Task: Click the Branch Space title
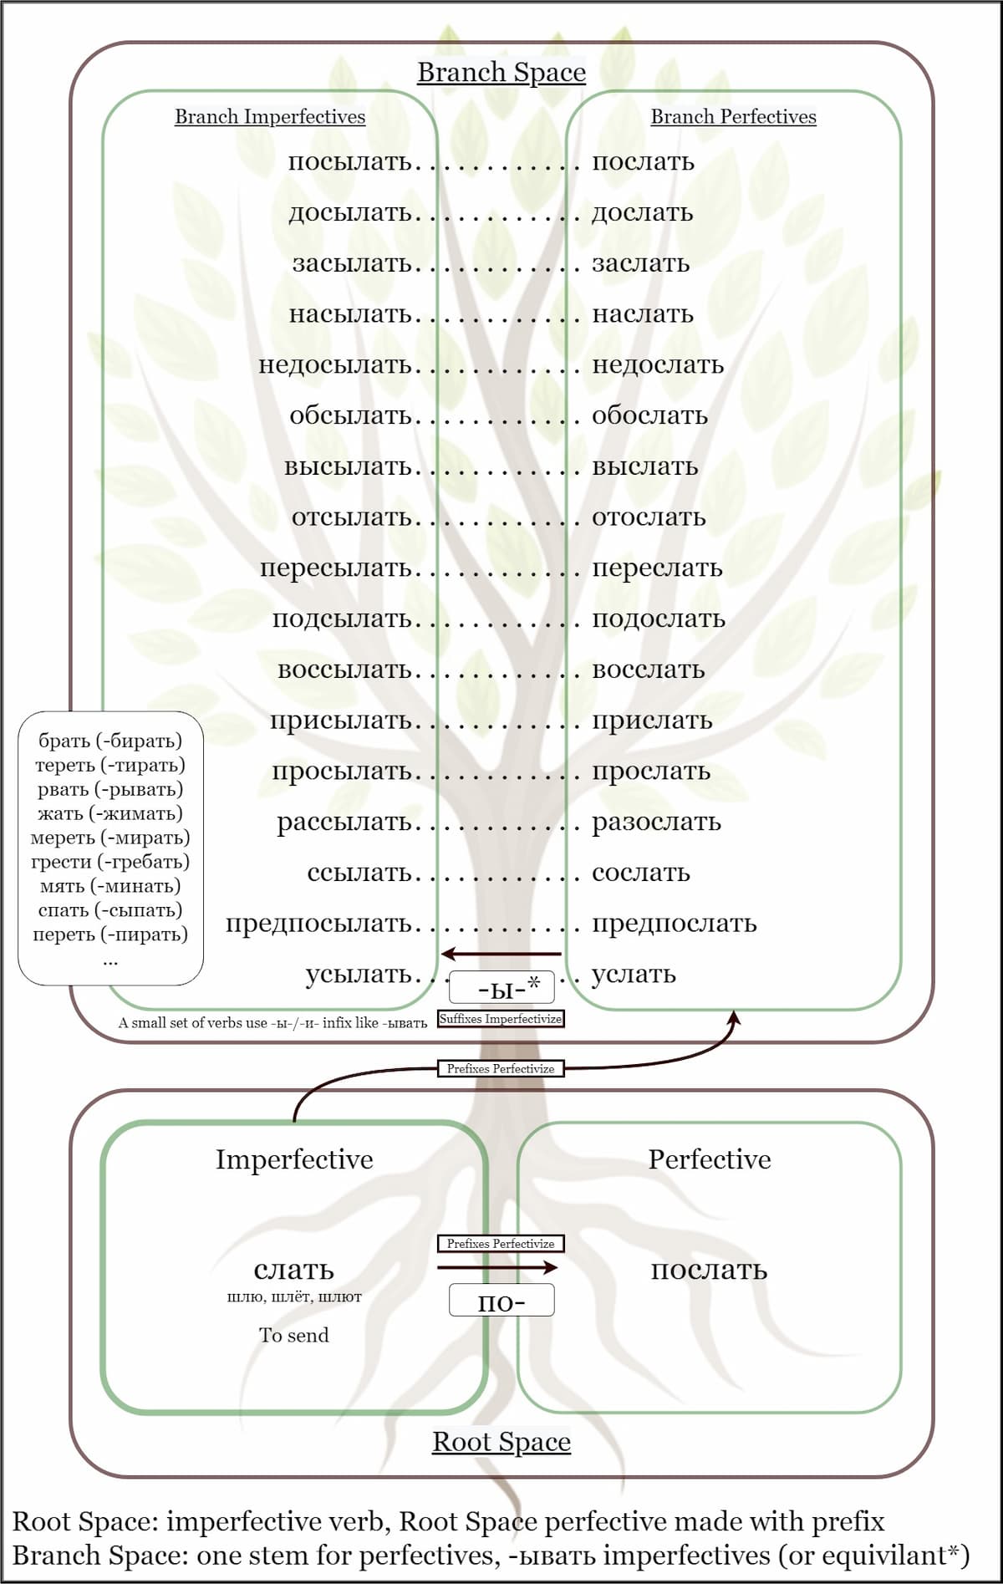tap(501, 73)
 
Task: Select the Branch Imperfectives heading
tap(270, 117)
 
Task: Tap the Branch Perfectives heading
tap(733, 117)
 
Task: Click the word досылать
tap(350, 213)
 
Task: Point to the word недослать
tap(658, 365)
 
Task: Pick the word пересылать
tap(336, 568)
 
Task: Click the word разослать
tap(656, 823)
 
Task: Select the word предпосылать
tap(318, 924)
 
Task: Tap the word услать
tap(634, 975)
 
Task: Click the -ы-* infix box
tap(501, 988)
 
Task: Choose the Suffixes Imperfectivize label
tap(501, 1019)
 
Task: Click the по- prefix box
tap(501, 1301)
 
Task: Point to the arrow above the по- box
tap(498, 1268)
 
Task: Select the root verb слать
tap(294, 1270)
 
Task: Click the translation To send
tap(294, 1335)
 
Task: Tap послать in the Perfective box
tap(709, 1270)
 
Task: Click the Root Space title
tap(501, 1442)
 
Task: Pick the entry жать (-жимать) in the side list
tap(110, 813)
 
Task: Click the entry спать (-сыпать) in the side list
tap(110, 910)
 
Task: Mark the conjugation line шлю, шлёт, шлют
tap(294, 1297)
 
